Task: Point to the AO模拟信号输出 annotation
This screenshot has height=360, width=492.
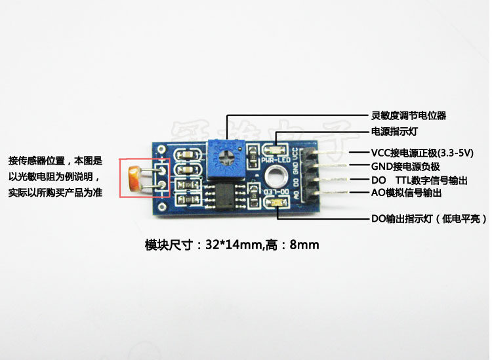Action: pos(406,193)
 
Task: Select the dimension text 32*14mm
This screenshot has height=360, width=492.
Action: pos(234,246)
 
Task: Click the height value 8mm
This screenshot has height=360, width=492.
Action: pos(304,246)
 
